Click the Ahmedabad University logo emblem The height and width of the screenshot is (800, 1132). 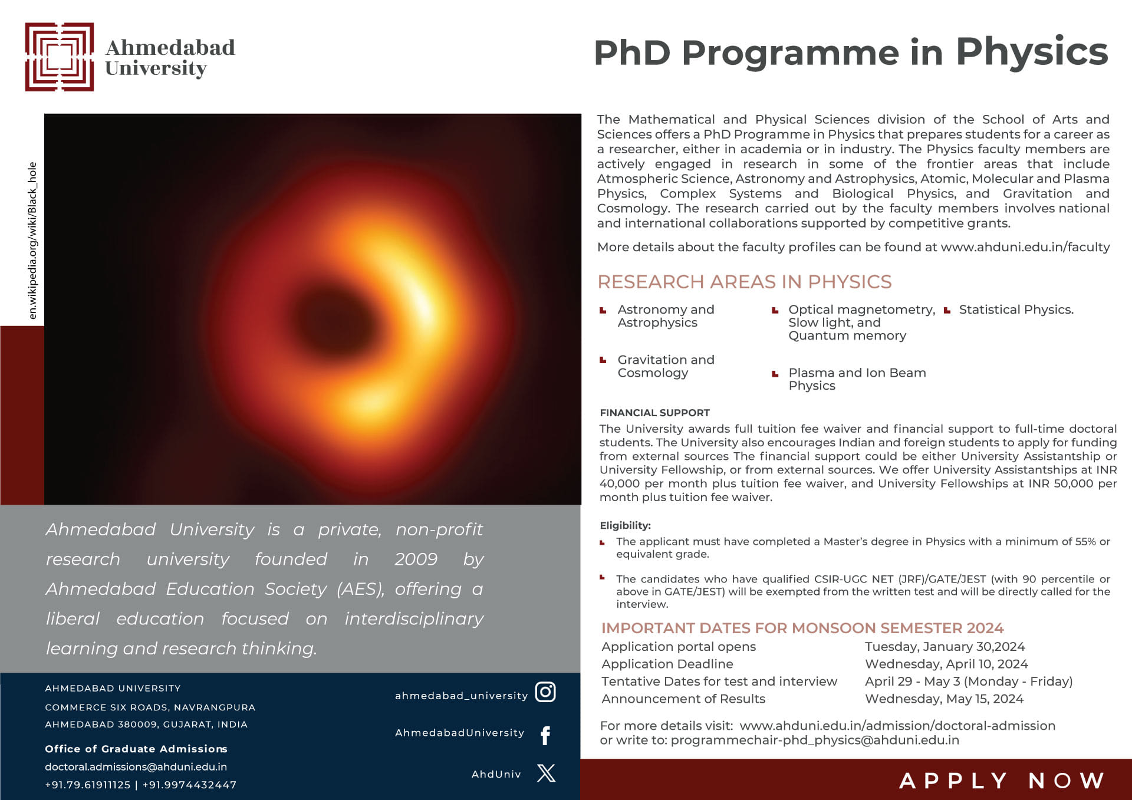click(59, 57)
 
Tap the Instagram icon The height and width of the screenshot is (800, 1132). click(545, 692)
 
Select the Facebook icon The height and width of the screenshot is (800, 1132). click(545, 735)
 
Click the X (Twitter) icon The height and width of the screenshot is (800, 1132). click(546, 773)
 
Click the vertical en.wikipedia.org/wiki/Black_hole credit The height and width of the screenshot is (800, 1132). click(33, 241)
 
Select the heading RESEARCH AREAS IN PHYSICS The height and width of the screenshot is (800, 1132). click(744, 282)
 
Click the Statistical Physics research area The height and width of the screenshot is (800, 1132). click(1016, 310)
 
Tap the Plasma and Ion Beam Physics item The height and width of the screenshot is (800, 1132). click(857, 379)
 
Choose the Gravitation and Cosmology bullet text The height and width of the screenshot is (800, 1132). click(665, 366)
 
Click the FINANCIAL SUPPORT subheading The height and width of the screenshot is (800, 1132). click(654, 413)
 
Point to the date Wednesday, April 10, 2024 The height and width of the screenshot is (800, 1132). click(946, 664)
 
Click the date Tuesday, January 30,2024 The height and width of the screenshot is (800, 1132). click(945, 647)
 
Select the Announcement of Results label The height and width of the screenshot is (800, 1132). click(683, 699)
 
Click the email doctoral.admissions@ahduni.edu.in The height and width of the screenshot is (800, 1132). click(136, 766)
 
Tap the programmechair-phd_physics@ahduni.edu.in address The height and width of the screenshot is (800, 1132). click(815, 740)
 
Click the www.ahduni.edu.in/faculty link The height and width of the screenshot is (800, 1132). click(1025, 247)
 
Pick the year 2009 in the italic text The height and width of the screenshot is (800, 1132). click(416, 559)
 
